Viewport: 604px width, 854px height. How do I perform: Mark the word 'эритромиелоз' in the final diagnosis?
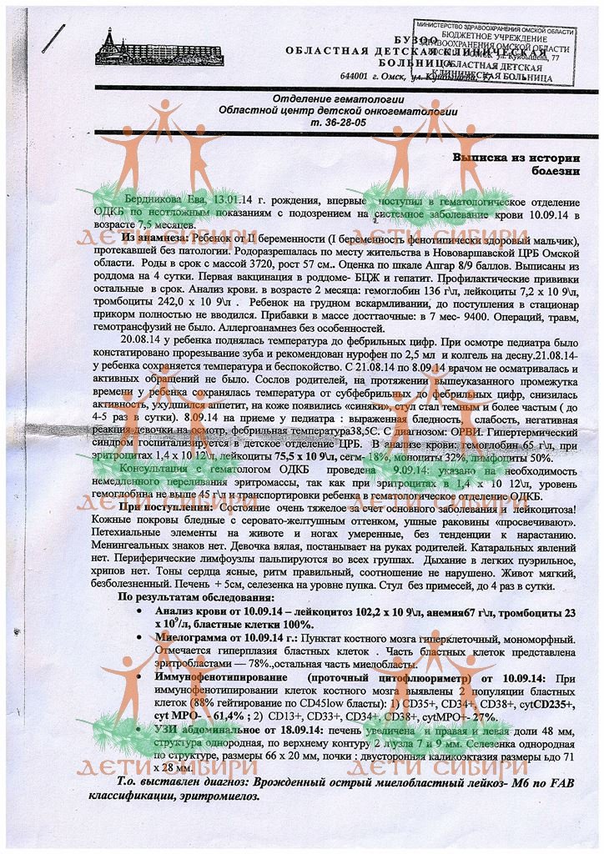click(223, 796)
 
